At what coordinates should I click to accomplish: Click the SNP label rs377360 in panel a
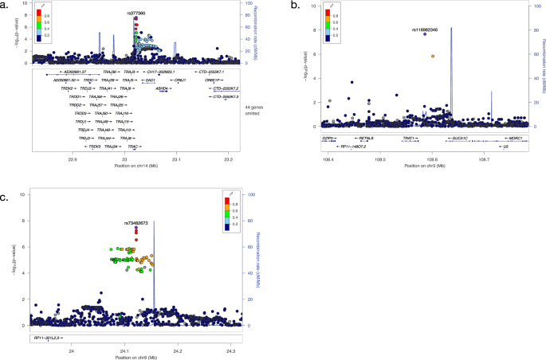click(x=135, y=14)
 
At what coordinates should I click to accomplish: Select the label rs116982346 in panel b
click(x=425, y=29)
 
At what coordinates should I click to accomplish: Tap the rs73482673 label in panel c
click(x=136, y=223)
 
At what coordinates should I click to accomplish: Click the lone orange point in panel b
click(x=433, y=57)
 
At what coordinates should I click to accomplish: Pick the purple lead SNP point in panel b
click(x=425, y=34)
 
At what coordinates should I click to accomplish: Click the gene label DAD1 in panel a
click(x=149, y=80)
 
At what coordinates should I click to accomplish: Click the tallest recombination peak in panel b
click(x=451, y=29)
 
